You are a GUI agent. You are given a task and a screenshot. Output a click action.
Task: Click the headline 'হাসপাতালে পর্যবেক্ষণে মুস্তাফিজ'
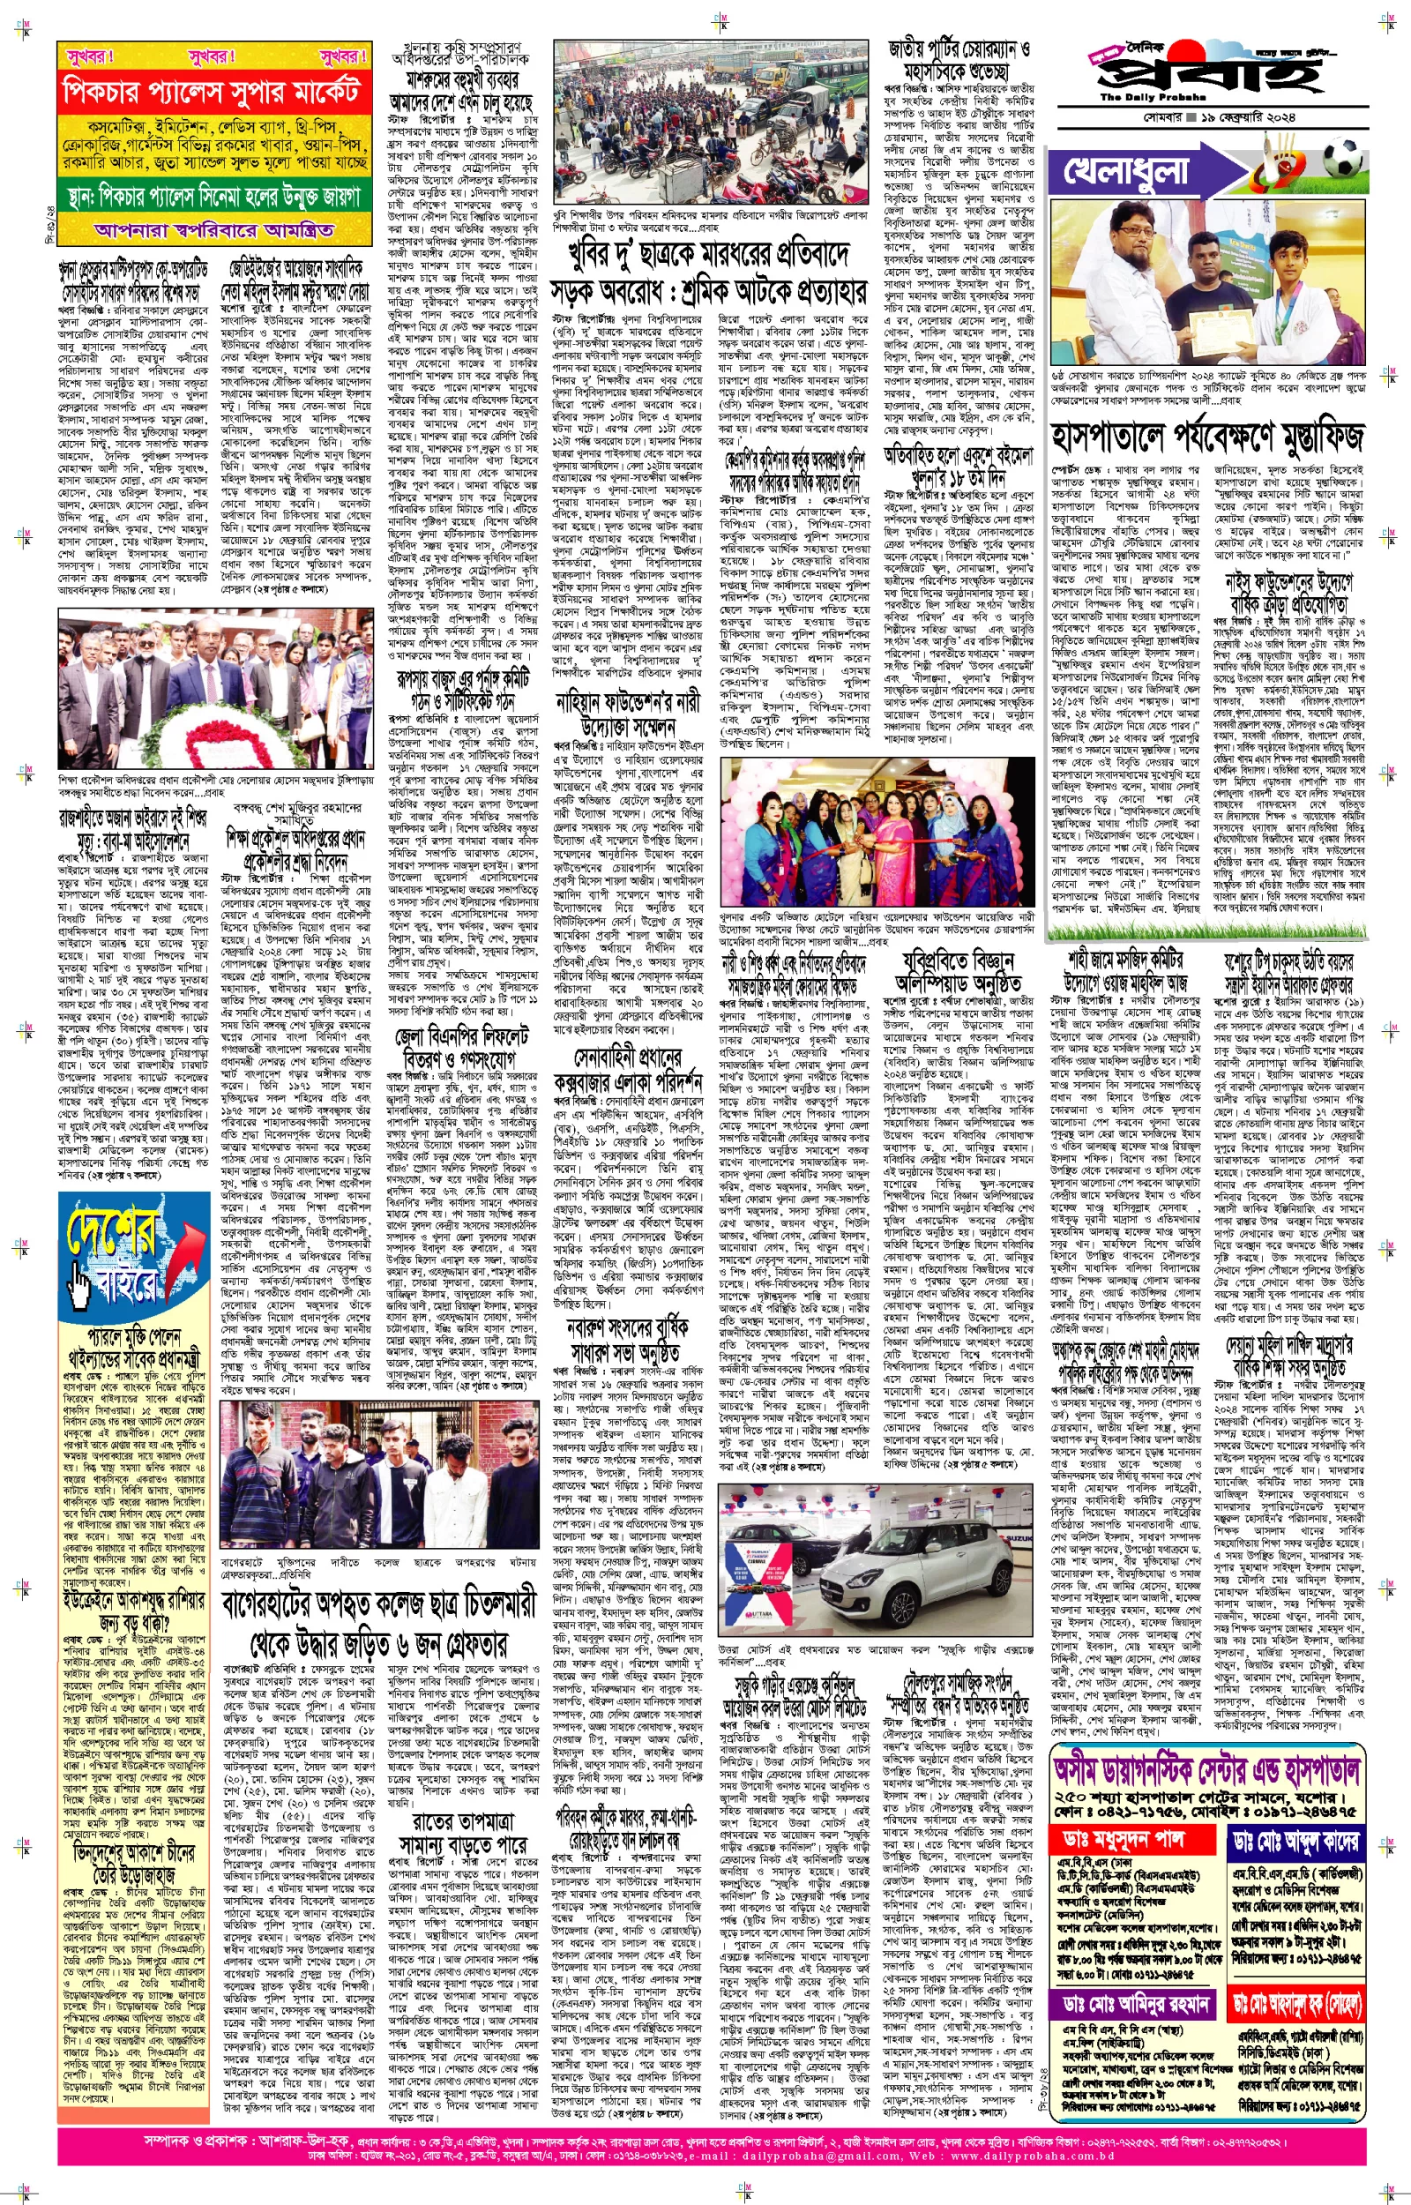pos(1207,439)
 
